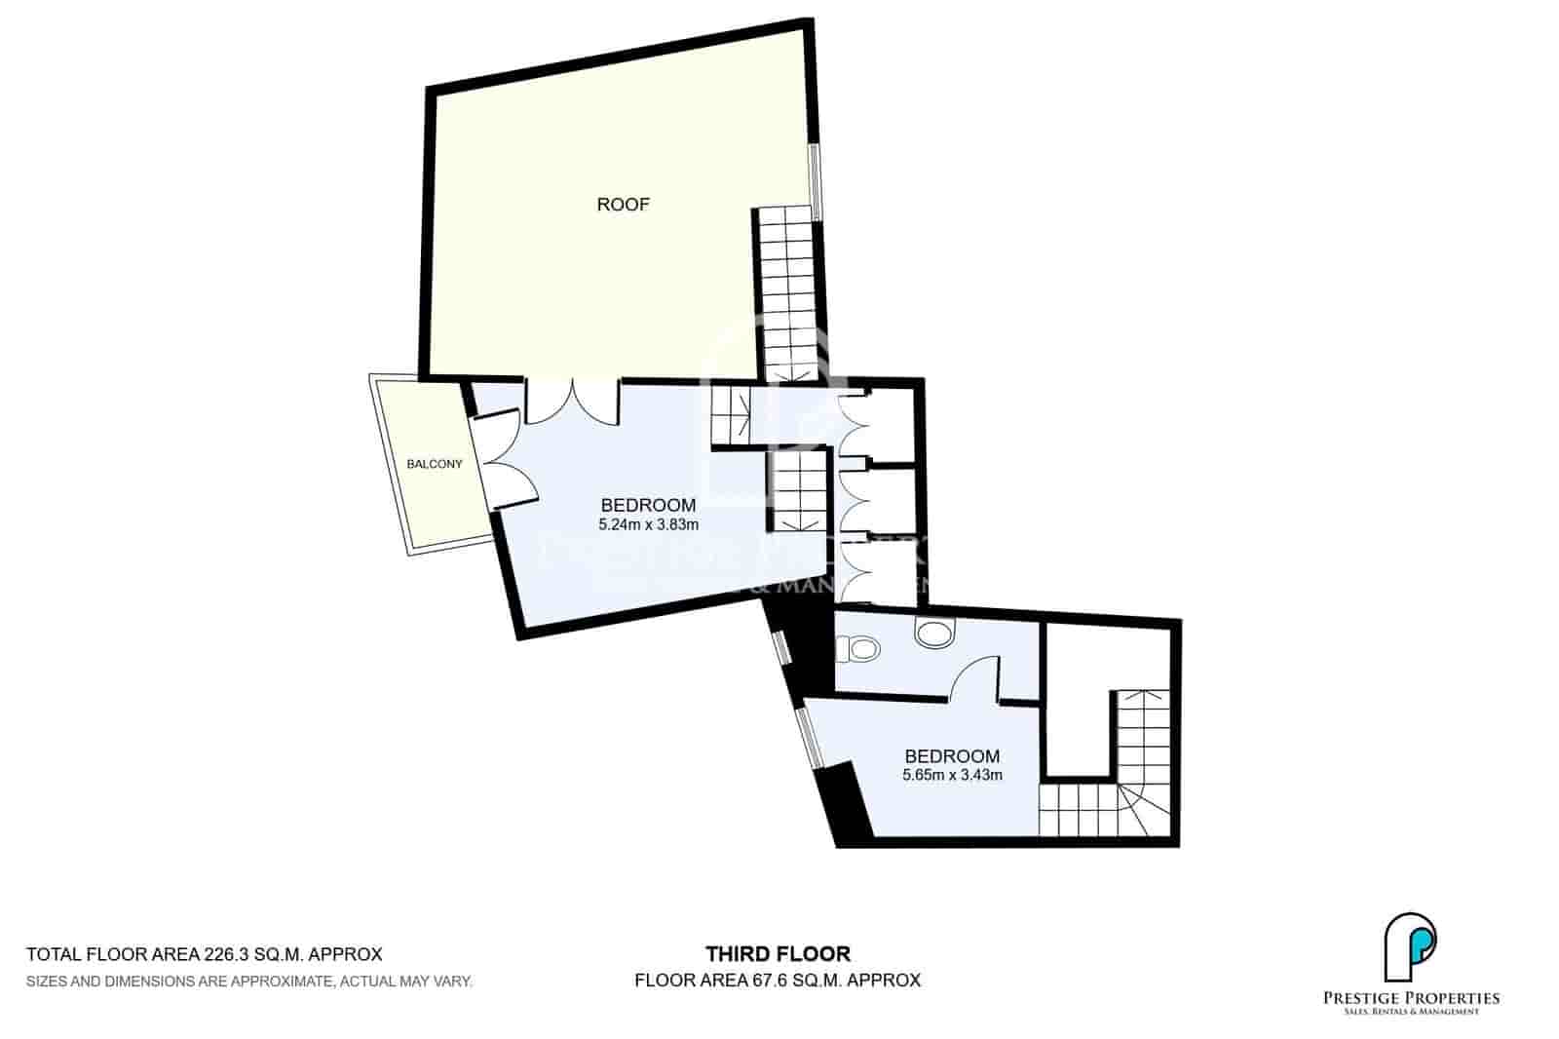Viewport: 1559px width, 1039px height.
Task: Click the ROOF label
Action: click(623, 205)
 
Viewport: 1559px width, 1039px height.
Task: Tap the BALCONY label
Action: click(434, 464)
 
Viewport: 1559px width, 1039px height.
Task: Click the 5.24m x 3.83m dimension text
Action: click(649, 524)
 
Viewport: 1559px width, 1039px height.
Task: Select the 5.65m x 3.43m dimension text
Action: click(952, 776)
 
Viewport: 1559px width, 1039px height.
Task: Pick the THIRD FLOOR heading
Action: click(778, 954)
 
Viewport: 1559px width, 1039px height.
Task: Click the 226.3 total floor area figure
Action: click(229, 954)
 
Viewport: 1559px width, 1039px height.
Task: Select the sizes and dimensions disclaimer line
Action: click(249, 981)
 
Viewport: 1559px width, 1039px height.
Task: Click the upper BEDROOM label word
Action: click(648, 505)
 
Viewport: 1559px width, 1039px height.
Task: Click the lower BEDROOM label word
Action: click(952, 756)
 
